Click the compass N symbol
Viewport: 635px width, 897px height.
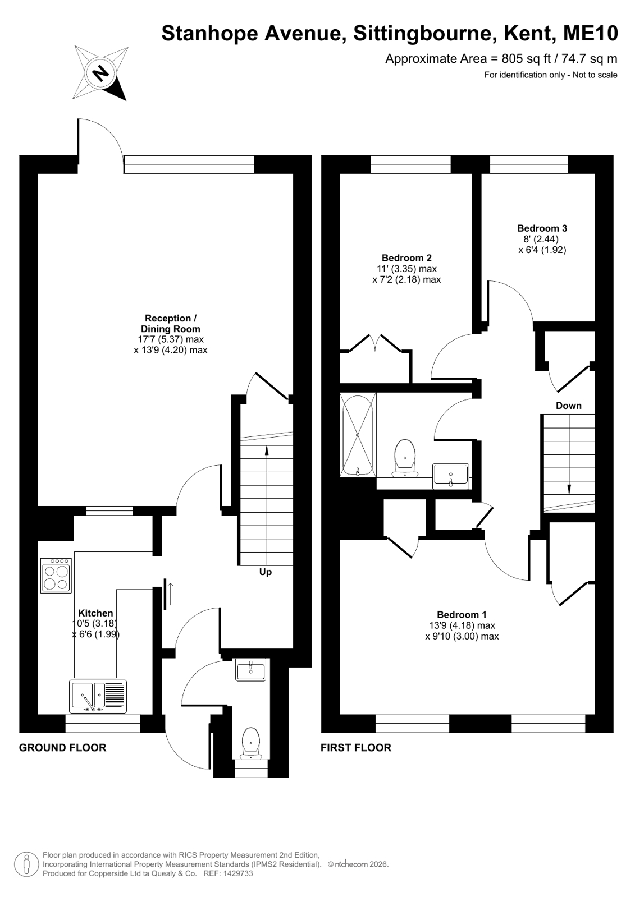click(x=100, y=73)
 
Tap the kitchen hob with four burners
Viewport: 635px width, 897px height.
click(x=56, y=576)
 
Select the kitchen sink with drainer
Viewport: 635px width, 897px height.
click(x=98, y=696)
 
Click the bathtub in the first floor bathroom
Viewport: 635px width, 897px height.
click(x=358, y=435)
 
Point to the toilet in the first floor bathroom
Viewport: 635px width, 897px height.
click(x=405, y=459)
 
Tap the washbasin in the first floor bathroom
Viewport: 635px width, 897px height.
click(x=451, y=476)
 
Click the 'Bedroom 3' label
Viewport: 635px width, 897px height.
click(x=542, y=228)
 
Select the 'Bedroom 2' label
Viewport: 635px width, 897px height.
click(x=406, y=258)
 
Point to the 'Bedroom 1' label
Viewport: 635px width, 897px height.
click(x=462, y=614)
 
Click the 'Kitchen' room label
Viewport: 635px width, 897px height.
click(x=95, y=613)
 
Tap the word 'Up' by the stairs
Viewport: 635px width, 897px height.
click(x=266, y=572)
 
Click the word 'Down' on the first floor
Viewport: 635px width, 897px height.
click(x=568, y=406)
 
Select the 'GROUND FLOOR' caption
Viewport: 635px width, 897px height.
click(x=62, y=748)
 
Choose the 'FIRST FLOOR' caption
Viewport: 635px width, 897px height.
click(x=355, y=748)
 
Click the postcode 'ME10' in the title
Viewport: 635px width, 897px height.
click(x=591, y=33)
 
